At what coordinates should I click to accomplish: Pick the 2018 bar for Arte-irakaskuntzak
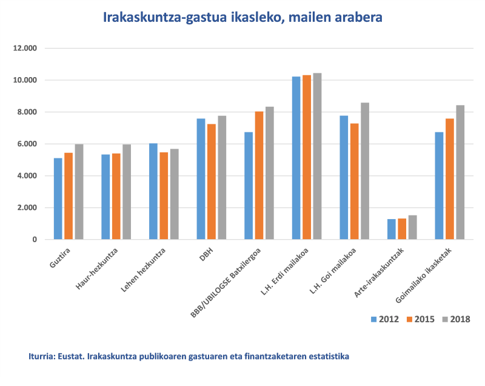tap(412, 228)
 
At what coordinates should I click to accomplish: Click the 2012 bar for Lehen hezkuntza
tap(153, 191)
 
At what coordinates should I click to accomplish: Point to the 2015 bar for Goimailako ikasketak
tap(449, 179)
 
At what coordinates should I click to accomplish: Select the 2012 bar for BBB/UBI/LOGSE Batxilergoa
tap(249, 186)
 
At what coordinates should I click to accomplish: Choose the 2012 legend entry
tap(384, 319)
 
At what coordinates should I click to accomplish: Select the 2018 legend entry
tap(455, 319)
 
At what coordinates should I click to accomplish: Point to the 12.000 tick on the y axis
tap(26, 49)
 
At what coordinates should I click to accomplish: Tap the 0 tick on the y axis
tap(35, 240)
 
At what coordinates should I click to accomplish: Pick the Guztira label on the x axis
tap(59, 259)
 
